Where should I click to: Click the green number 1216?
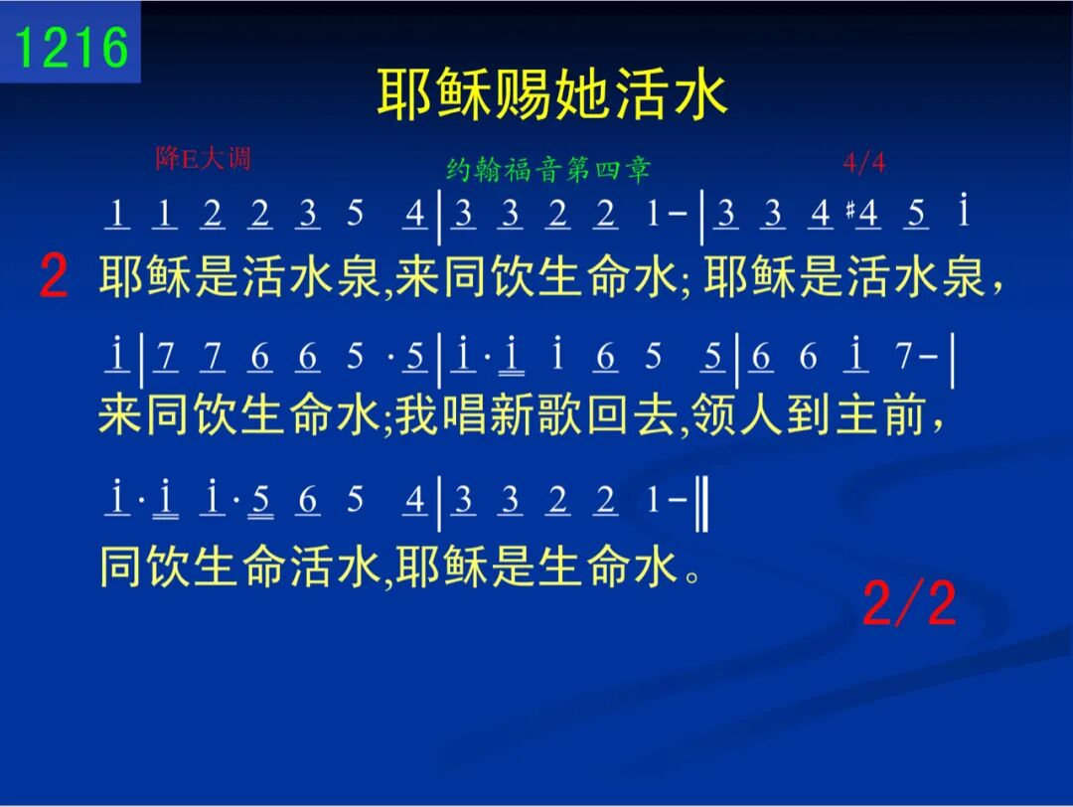(72, 48)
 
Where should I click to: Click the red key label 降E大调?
(203, 158)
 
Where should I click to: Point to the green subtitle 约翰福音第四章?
(547, 169)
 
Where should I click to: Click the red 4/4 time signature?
(864, 163)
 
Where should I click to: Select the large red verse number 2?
(54, 276)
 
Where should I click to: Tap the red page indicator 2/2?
(909, 602)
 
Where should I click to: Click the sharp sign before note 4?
(849, 210)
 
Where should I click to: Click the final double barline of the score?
(701, 503)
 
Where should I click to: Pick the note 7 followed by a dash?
(915, 356)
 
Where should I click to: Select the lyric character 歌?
(559, 414)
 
